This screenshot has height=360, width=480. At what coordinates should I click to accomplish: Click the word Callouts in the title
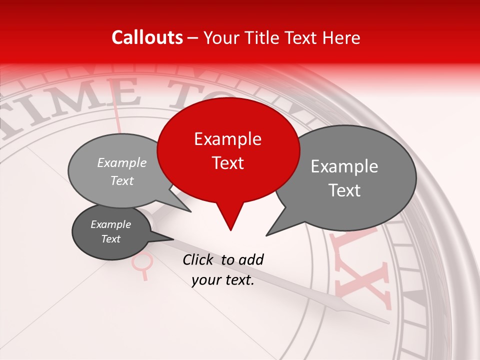[x=147, y=37]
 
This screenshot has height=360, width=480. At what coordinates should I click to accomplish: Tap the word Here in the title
[x=341, y=38]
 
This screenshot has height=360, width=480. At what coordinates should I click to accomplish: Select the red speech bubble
[x=228, y=150]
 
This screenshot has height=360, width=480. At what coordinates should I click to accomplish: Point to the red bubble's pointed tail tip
[x=230, y=230]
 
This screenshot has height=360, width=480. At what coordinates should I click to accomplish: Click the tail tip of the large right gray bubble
[x=266, y=235]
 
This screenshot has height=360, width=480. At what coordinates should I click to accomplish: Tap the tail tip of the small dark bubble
[x=173, y=239]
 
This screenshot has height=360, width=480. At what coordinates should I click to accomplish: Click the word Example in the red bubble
[x=227, y=139]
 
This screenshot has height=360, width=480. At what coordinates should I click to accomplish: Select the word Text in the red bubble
[x=227, y=163]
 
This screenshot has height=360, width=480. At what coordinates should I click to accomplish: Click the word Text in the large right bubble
[x=345, y=190]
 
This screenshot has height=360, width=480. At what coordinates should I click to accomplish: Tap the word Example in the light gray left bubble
[x=122, y=163]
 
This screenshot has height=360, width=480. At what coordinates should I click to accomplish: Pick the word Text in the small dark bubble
[x=111, y=239]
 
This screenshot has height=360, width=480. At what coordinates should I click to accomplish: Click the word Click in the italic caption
[x=199, y=259]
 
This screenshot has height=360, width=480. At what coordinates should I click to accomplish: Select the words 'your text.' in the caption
[x=223, y=280]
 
